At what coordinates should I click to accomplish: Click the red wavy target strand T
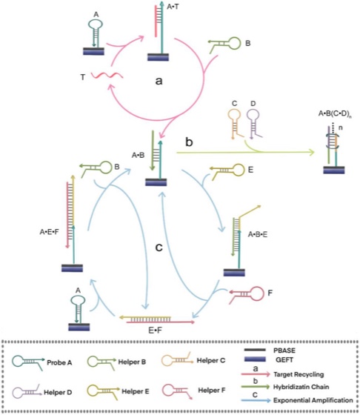(x=107, y=76)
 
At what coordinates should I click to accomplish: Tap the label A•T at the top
(x=173, y=7)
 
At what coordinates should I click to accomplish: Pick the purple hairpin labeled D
(x=254, y=124)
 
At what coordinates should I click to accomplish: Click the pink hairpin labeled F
(x=247, y=294)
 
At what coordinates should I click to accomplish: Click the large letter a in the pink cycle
(x=159, y=81)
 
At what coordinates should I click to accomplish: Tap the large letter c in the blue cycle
(x=159, y=248)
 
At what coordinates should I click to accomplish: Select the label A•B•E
(x=257, y=234)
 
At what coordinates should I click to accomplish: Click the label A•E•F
(x=49, y=232)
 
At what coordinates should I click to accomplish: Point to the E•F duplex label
(x=155, y=331)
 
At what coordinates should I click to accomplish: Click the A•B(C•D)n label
(x=335, y=114)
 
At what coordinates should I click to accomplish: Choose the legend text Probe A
(x=59, y=362)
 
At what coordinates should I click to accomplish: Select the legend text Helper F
(x=212, y=390)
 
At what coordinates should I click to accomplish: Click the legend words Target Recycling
(x=299, y=374)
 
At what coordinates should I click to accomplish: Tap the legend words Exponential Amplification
(x=313, y=400)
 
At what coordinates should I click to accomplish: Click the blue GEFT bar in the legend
(x=255, y=359)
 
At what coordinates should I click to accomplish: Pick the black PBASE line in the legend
(x=255, y=350)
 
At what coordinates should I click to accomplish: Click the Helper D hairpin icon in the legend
(x=27, y=391)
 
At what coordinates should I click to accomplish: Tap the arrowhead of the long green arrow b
(x=312, y=152)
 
